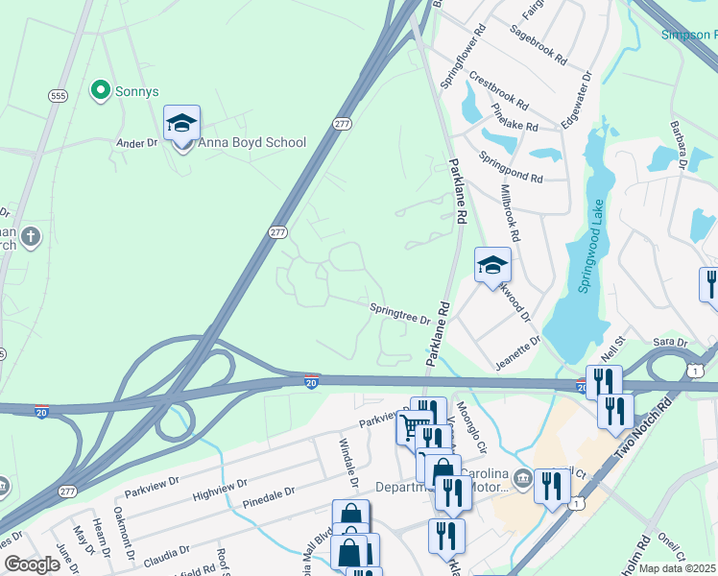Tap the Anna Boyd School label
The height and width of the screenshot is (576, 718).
tap(252, 143)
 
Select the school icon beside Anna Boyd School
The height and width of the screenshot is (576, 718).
tap(181, 124)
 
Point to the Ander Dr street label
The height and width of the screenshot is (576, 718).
tap(136, 143)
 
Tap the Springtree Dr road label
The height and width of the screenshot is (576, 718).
tap(399, 313)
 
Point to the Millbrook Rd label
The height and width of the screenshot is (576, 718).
tap(510, 214)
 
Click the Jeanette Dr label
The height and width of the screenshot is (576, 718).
tap(517, 352)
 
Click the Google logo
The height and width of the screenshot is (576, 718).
tap(32, 564)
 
